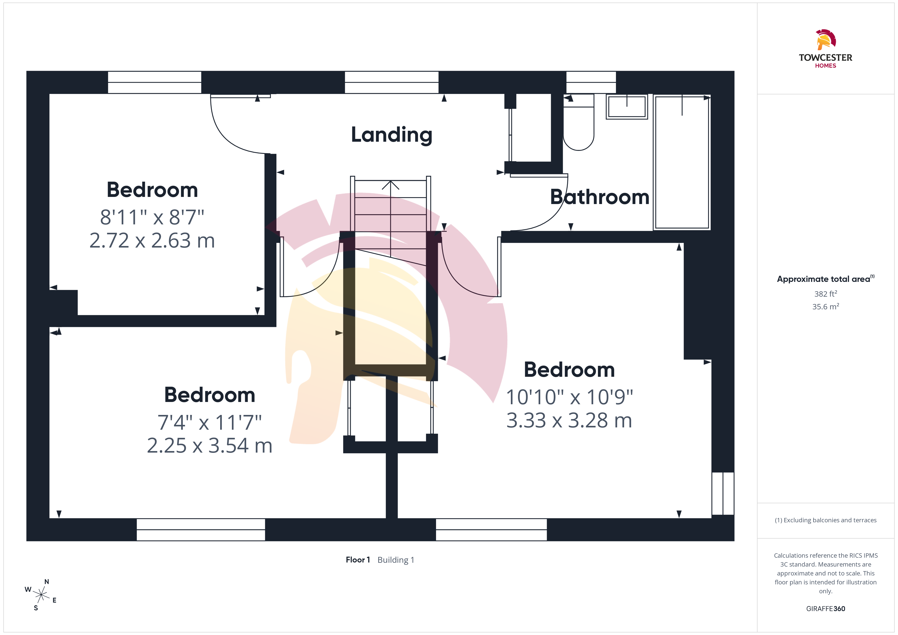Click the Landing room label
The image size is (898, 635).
(391, 135)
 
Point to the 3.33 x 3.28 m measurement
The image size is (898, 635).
(569, 420)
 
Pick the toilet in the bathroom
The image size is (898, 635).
(579, 122)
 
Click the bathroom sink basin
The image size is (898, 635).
(627, 106)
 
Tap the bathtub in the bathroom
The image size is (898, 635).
(682, 162)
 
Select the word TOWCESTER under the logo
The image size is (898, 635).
(825, 57)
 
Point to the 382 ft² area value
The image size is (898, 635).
(826, 294)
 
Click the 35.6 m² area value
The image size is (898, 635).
(826, 307)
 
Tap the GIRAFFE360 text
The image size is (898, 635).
(826, 609)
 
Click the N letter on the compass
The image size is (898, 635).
(47, 582)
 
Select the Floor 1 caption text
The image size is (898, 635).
(357, 560)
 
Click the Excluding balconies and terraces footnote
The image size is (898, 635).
(826, 520)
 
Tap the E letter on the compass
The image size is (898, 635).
(54, 600)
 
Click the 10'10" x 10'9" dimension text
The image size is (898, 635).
(569, 397)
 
